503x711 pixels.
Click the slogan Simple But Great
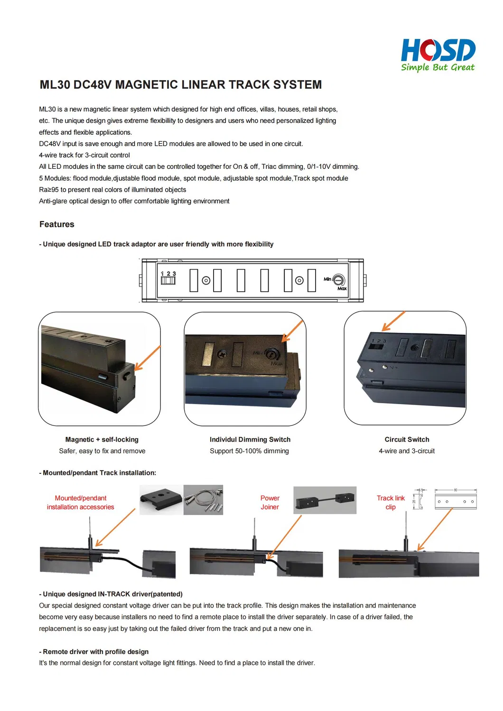438,67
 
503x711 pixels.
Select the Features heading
57,224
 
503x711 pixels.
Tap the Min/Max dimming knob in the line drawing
338,280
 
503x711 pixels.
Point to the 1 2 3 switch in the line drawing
168,278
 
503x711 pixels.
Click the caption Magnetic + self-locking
102,440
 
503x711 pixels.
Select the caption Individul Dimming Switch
250,440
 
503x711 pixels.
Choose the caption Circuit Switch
407,440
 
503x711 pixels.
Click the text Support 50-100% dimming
249,451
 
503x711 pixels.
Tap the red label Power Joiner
270,502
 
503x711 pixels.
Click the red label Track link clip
391,502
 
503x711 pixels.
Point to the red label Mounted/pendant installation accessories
81,502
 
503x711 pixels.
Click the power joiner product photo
325,500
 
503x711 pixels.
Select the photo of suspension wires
203,499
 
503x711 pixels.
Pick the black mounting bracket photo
161,499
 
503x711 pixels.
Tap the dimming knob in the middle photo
272,353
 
